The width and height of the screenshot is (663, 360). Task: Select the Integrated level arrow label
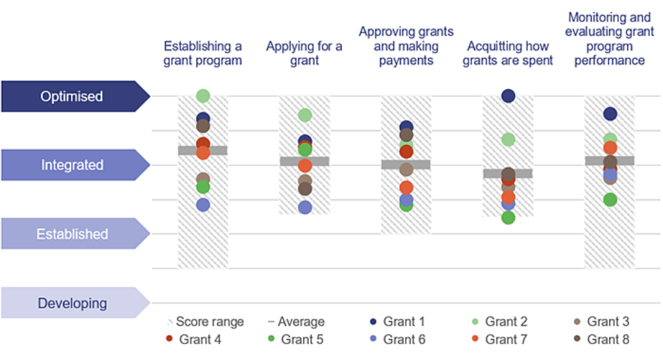72,165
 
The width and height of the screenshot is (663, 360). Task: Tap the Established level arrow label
72,234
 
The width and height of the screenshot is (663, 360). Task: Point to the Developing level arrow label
72,303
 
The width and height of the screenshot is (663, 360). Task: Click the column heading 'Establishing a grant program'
202,53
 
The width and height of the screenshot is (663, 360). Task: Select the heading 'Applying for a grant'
304,53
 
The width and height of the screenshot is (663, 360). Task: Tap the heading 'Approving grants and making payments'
406,46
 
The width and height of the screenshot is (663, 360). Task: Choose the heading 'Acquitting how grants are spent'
508,53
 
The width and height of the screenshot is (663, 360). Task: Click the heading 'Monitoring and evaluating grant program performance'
608,39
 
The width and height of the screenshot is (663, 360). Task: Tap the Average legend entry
296,322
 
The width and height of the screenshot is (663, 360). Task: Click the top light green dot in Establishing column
202,96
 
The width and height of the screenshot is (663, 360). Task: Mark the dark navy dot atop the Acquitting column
508,96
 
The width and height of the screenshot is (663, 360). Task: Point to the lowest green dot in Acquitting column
508,218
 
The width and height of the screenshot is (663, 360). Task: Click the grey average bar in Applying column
305,161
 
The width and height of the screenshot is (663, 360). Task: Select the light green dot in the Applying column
305,115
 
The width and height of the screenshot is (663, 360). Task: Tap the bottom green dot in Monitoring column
610,200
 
